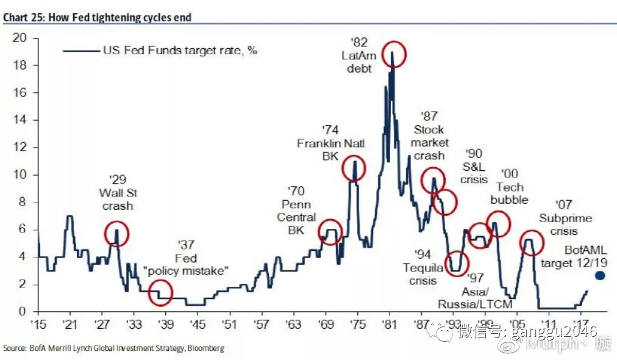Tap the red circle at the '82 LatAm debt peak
(393, 54)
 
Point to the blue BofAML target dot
(599, 276)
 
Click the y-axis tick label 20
(22, 38)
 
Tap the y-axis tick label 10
(22, 175)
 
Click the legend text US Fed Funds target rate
(179, 51)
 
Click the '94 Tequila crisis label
(419, 267)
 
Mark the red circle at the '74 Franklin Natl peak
(353, 167)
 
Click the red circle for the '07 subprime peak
(531, 242)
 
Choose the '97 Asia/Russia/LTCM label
(476, 292)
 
